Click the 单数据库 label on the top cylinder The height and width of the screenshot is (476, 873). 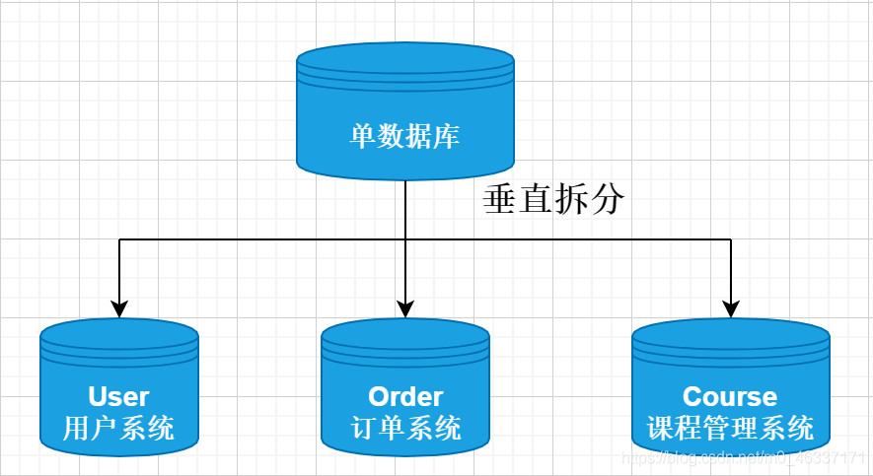click(x=404, y=135)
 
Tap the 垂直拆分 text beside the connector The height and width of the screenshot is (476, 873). click(x=553, y=200)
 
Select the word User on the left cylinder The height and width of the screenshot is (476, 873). click(x=118, y=396)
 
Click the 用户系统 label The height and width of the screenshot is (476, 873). click(x=118, y=429)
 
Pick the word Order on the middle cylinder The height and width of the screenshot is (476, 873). click(x=405, y=396)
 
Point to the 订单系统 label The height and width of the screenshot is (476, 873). click(x=405, y=429)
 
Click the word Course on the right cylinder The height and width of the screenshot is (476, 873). click(x=730, y=396)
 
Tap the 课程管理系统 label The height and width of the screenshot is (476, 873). click(x=730, y=429)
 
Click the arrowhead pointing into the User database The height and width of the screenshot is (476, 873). click(x=119, y=308)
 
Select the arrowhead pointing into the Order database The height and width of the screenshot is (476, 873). click(x=405, y=308)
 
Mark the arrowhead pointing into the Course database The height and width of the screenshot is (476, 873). click(x=731, y=308)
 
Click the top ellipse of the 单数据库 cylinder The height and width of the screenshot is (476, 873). click(x=404, y=58)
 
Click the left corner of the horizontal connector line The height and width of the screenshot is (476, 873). click(x=119, y=239)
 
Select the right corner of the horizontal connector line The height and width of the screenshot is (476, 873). click(x=731, y=239)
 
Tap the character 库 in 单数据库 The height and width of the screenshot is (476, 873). click(x=447, y=135)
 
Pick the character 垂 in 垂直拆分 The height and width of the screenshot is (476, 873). click(x=499, y=200)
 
